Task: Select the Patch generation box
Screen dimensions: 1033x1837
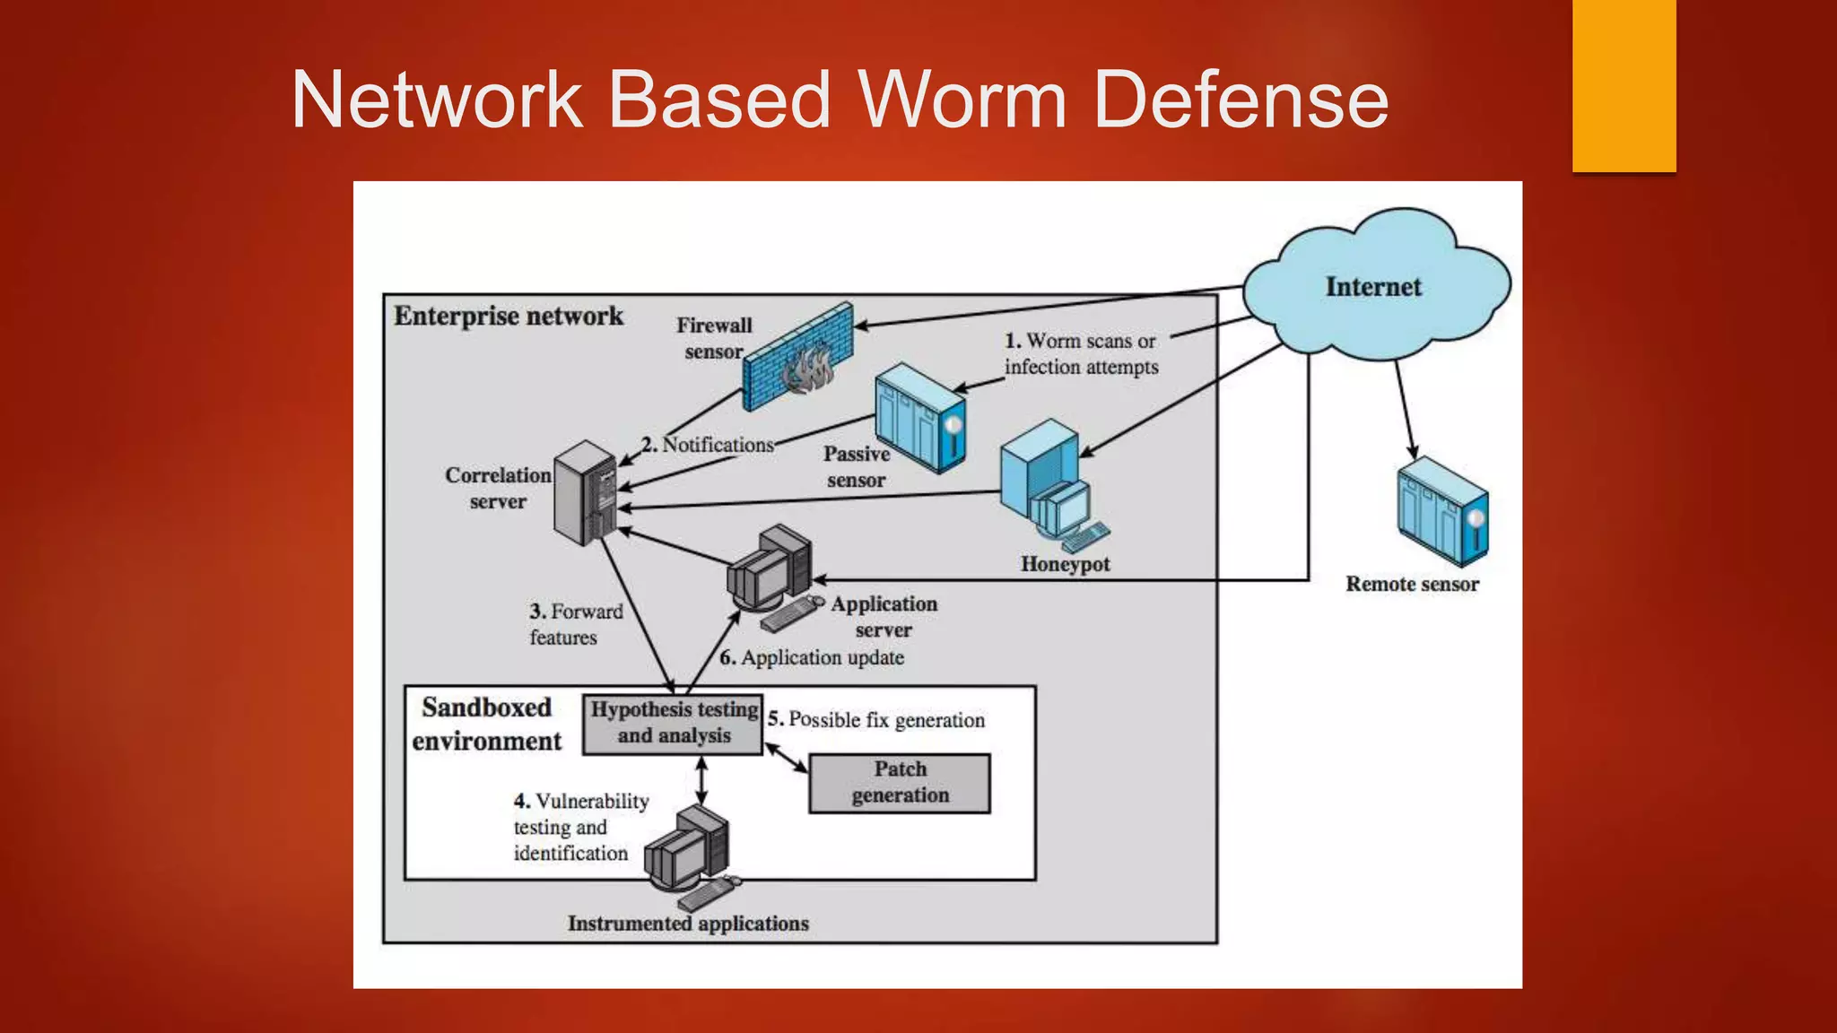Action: pyautogui.click(x=900, y=783)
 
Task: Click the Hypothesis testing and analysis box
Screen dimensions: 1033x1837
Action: pyautogui.click(x=673, y=723)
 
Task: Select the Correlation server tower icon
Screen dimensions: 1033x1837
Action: pyautogui.click(x=585, y=492)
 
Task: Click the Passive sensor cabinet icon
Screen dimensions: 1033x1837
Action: pyautogui.click(x=919, y=417)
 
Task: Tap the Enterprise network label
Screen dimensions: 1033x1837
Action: pyautogui.click(x=508, y=317)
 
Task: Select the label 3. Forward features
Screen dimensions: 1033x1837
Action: pyautogui.click(x=574, y=624)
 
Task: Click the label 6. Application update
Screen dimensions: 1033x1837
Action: pyautogui.click(x=812, y=658)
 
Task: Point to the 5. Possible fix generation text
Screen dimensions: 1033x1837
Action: pyautogui.click(x=876, y=720)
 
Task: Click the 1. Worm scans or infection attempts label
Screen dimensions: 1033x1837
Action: pyautogui.click(x=1081, y=353)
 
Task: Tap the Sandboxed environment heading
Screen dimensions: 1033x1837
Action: pyautogui.click(x=486, y=724)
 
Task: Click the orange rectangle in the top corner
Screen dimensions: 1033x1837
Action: pyautogui.click(x=1624, y=85)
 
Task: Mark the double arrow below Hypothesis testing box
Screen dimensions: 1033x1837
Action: pyautogui.click(x=701, y=779)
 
